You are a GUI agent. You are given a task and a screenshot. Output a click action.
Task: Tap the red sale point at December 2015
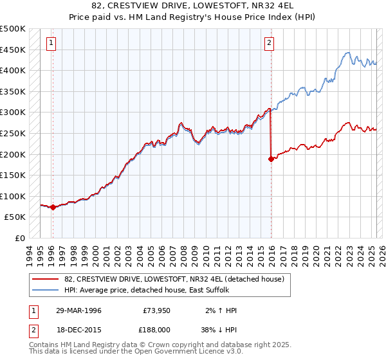point(271,159)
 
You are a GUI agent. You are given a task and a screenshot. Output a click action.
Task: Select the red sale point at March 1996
point(53,207)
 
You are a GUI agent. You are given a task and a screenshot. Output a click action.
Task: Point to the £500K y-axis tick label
point(13,29)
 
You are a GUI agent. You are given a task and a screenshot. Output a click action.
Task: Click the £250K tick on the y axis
point(13,133)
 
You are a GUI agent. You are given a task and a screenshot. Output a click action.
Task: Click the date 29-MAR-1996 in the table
point(79,310)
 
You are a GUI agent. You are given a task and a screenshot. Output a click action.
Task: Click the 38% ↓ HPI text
point(221,328)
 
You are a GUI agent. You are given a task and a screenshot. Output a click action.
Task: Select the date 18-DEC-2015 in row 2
point(79,328)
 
